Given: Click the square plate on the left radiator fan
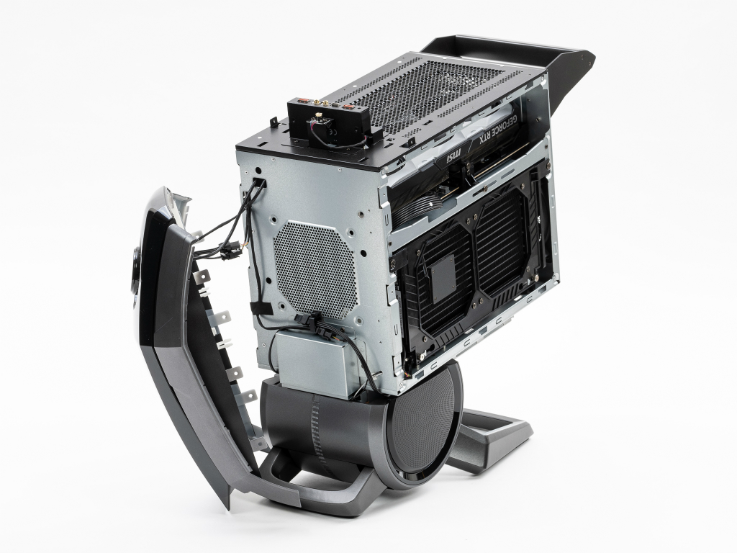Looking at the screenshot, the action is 443,272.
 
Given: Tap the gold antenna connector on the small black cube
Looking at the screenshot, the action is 318,116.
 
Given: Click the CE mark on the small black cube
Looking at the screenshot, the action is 331,132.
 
